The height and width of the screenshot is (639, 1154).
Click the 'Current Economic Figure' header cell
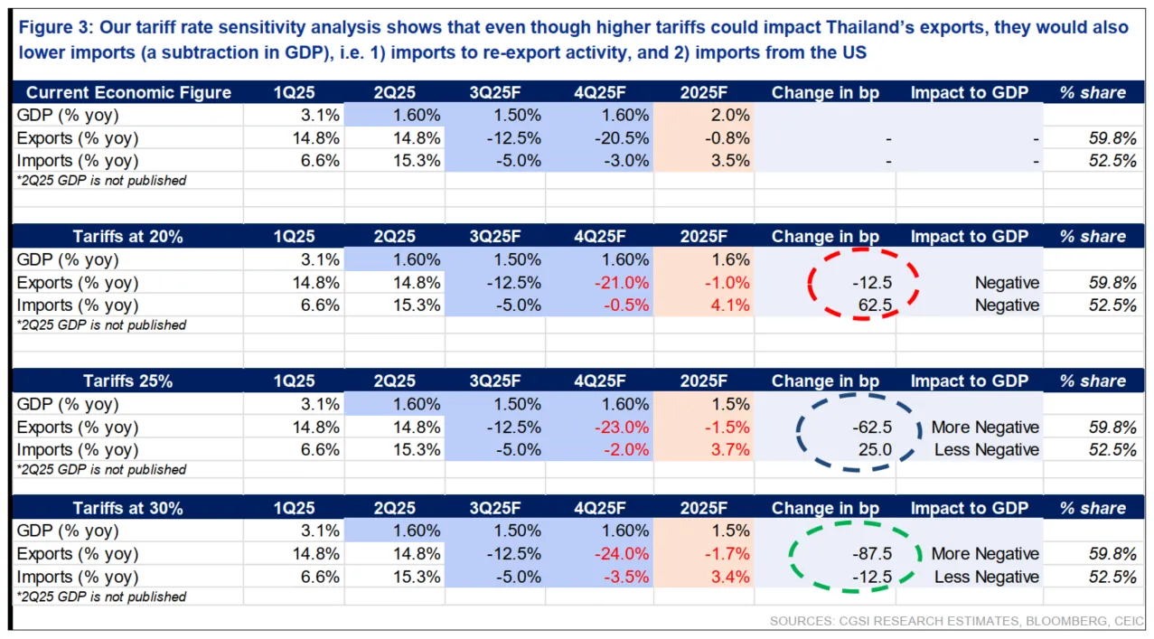128,92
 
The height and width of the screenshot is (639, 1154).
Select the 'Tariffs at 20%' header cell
128,237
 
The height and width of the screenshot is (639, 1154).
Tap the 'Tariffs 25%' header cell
128,381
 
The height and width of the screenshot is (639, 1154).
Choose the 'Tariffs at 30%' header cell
128,509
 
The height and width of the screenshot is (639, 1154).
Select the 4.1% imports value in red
730,305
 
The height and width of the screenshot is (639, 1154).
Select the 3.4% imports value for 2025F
730,577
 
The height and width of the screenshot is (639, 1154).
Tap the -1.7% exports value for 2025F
727,554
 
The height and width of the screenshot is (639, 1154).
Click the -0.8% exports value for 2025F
727,138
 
